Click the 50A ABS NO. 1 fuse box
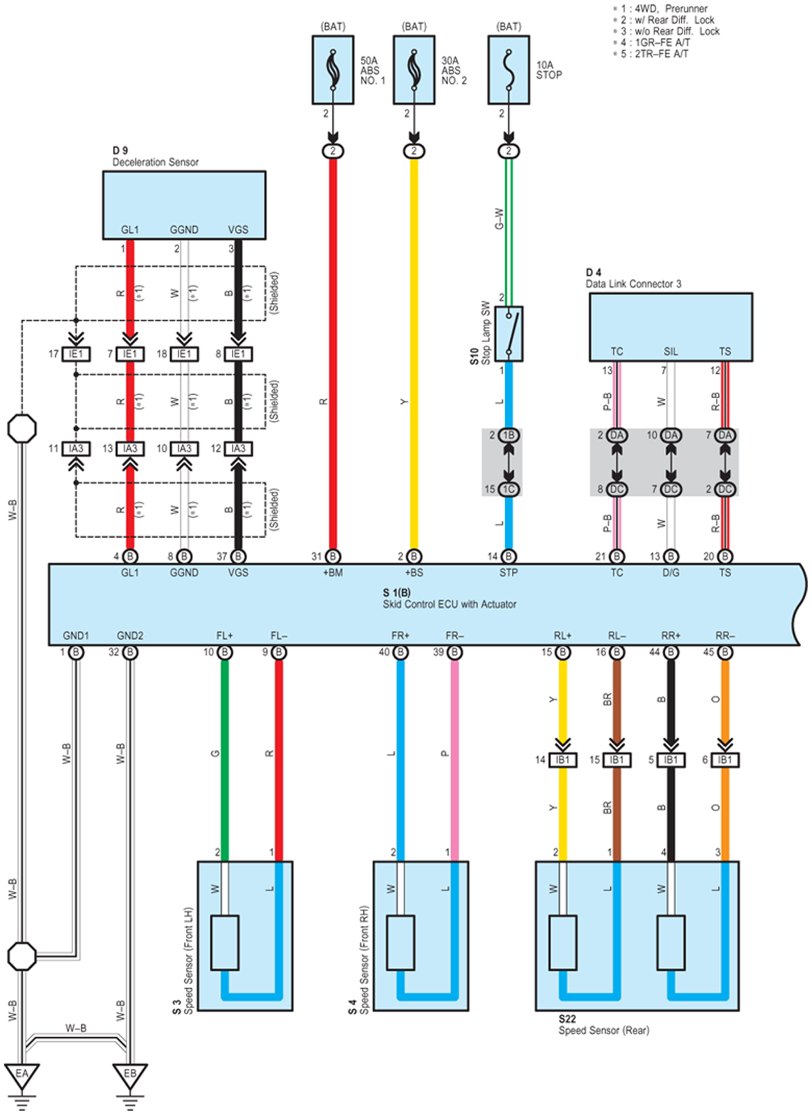333,70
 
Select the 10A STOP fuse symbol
509,70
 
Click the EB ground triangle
130,1075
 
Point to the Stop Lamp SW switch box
509,334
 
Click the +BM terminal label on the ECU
333,573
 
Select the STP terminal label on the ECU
509,573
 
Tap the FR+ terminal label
400,636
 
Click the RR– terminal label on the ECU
725,636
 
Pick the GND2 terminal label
130,636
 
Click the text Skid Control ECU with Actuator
450,604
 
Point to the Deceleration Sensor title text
155,162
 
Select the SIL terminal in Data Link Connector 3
671,351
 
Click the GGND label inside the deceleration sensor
184,230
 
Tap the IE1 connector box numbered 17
76,354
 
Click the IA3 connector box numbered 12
238,449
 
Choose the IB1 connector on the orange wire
725,760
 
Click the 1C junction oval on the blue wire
509,489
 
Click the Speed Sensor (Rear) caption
604,1030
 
